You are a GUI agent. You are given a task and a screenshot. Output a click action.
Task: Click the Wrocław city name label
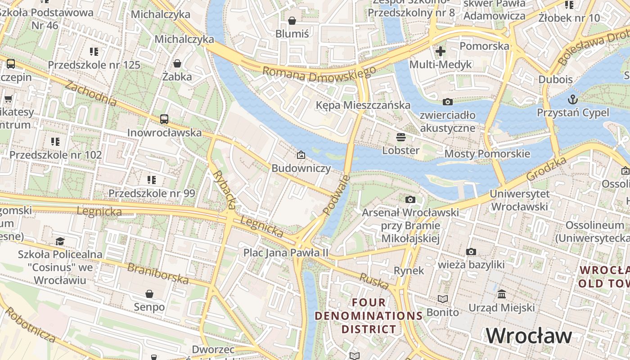pos(529,336)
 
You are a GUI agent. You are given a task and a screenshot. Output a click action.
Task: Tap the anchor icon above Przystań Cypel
pos(572,99)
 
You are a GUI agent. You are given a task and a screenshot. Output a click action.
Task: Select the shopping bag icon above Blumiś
pos(292,21)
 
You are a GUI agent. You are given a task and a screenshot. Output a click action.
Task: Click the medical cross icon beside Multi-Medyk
pos(441,51)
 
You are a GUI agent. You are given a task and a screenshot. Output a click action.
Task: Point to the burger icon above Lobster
pos(400,137)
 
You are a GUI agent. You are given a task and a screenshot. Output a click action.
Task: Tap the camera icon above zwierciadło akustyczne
pos(447,102)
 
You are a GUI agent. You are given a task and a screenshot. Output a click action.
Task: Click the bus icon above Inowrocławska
pos(164,119)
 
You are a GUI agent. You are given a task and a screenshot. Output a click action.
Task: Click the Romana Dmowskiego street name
pos(319,74)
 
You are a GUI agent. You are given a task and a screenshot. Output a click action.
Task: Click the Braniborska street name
pos(158,273)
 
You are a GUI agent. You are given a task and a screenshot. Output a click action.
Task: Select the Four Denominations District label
pos(369,315)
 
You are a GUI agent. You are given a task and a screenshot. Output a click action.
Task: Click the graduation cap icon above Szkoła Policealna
pos(60,241)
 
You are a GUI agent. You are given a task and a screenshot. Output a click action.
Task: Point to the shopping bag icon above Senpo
pos(149,294)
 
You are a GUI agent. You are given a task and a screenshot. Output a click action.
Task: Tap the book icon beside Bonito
pos(443,299)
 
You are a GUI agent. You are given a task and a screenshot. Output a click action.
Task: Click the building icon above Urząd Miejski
pos(502,294)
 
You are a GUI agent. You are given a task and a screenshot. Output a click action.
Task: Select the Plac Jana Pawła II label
pos(286,252)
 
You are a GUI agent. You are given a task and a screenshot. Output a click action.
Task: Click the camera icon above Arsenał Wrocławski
pos(410,199)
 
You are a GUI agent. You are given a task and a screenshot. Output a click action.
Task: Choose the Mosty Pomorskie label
pos(487,154)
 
